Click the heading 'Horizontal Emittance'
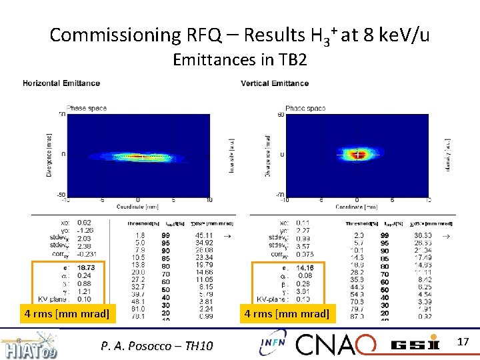[x=61, y=83]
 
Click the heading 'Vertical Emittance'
[x=275, y=83]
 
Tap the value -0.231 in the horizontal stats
[x=87, y=254]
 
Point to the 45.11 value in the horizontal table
[x=204, y=235]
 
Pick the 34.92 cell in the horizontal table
[x=204, y=242]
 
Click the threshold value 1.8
[x=139, y=235]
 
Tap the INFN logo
[x=273, y=343]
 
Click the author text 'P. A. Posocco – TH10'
[x=157, y=345]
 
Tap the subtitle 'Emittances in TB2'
[x=239, y=60]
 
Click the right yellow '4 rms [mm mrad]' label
[x=287, y=313]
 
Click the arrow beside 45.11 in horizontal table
[x=227, y=235]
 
